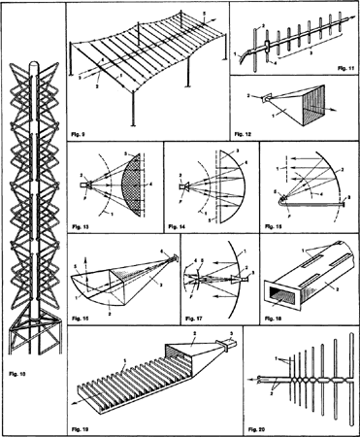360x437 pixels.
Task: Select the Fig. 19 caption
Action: pyautogui.click(x=80, y=425)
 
